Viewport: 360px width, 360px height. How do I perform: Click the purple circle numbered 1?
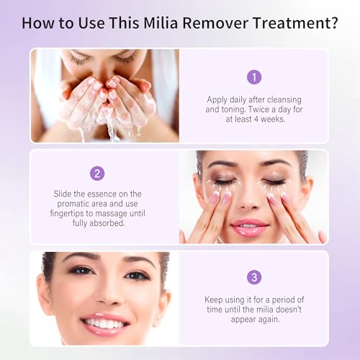click(x=254, y=77)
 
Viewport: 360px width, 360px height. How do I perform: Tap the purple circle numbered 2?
click(x=97, y=174)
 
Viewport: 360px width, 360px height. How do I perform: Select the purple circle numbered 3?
click(x=254, y=277)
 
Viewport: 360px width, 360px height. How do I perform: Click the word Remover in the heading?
click(x=215, y=23)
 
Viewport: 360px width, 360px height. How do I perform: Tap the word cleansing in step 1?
click(x=284, y=99)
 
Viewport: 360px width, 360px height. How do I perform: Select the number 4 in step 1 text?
click(x=256, y=120)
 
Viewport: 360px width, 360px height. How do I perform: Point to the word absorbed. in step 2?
click(x=107, y=223)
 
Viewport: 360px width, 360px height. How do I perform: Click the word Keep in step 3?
click(x=213, y=300)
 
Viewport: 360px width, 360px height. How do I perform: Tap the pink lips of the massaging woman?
click(x=250, y=228)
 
